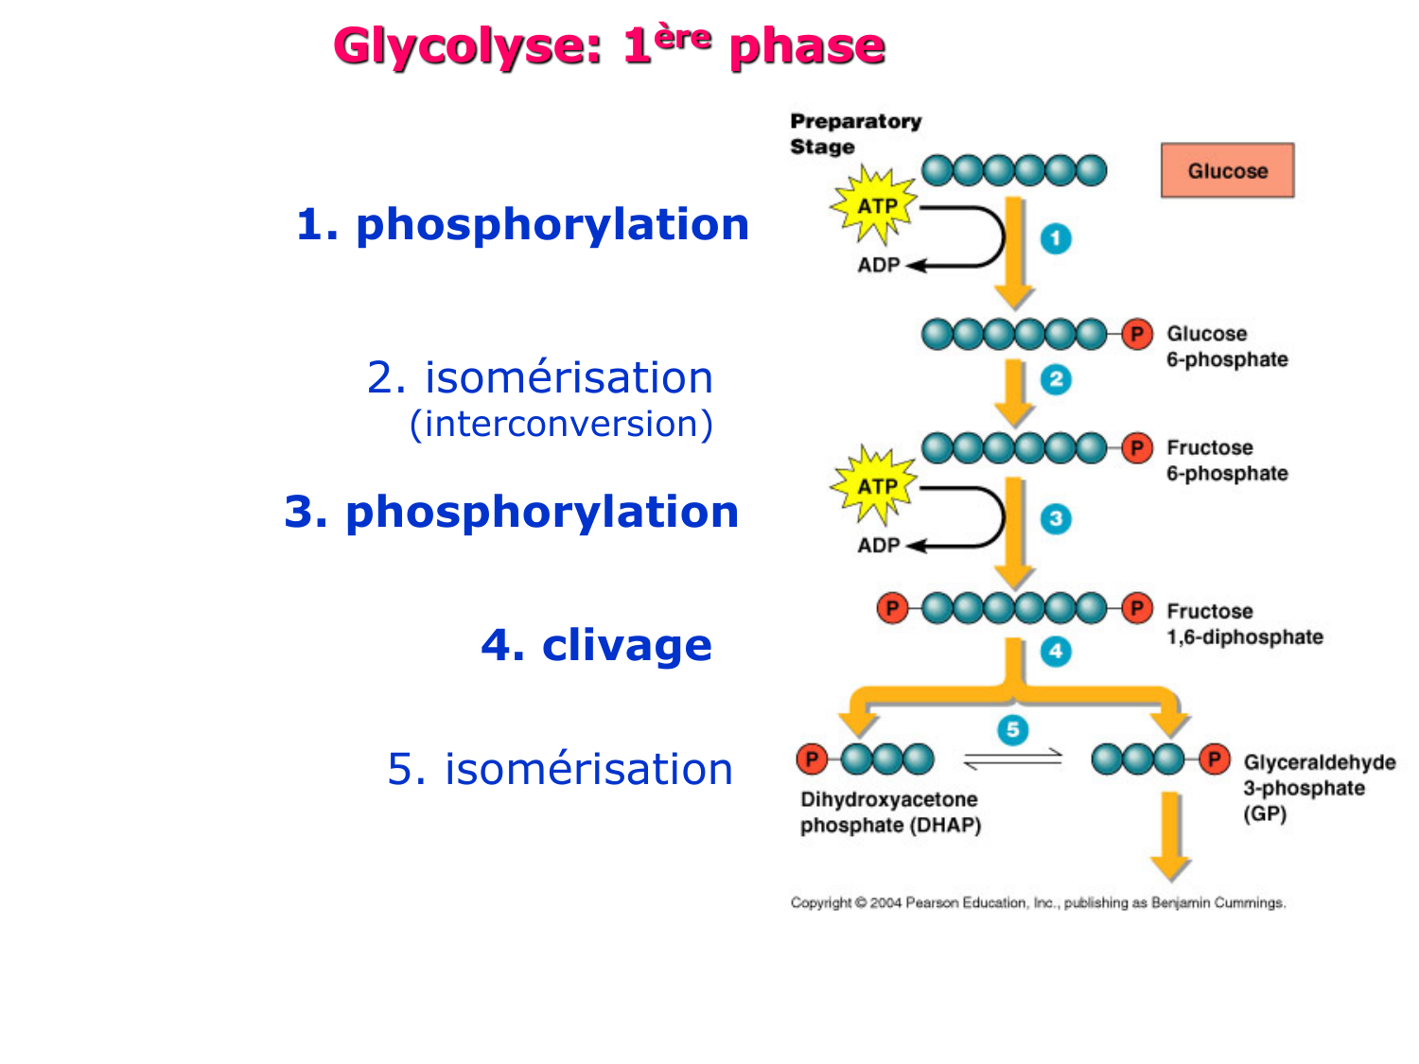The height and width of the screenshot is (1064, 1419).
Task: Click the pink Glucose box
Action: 1227,171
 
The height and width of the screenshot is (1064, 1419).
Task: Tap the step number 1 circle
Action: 1056,238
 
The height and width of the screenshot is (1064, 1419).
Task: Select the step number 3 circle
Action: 1056,518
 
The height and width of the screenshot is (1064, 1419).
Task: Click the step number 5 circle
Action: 1012,729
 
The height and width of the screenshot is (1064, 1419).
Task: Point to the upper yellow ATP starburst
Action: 875,205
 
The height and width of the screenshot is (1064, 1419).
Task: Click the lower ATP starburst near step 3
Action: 875,485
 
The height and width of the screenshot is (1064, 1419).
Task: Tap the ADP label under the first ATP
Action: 878,266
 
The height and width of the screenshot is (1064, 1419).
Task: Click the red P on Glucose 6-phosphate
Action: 1137,334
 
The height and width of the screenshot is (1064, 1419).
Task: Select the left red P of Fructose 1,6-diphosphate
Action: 891,608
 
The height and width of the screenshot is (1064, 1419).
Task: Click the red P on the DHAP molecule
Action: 812,759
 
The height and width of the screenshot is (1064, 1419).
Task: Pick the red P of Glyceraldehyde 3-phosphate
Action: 1214,759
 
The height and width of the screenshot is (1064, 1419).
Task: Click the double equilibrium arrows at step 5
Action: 1012,759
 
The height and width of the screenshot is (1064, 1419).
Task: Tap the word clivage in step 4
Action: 626,645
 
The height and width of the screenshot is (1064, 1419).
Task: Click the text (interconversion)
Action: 561,424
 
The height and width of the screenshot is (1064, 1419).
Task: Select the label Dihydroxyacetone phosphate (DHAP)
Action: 889,812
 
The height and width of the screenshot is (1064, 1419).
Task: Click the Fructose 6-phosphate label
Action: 1226,461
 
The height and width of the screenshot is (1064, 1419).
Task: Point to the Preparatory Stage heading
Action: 854,133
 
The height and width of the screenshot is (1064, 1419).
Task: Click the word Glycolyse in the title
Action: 467,46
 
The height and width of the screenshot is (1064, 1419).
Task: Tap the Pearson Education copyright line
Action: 1038,903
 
